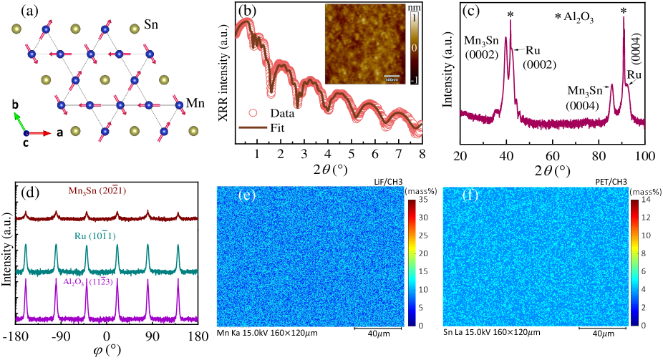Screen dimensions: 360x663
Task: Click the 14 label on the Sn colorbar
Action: (x=647, y=202)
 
